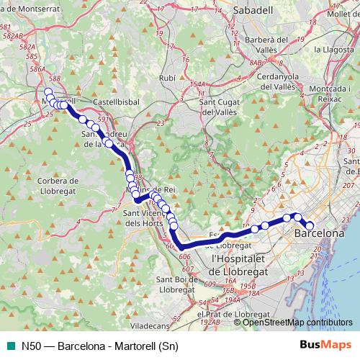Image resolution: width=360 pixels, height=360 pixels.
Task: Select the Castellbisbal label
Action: [109, 102]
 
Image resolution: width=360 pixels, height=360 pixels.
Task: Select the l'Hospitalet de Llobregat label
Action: [239, 264]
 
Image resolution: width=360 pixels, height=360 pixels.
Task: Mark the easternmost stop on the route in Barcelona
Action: [310, 227]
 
